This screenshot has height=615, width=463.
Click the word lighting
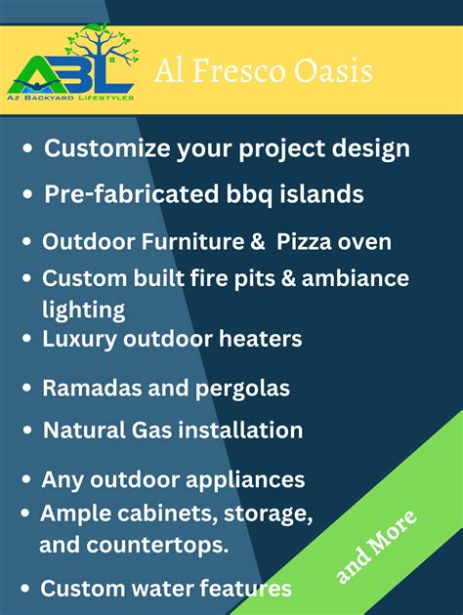pos(83,309)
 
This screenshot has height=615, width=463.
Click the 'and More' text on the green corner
pos(376,547)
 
